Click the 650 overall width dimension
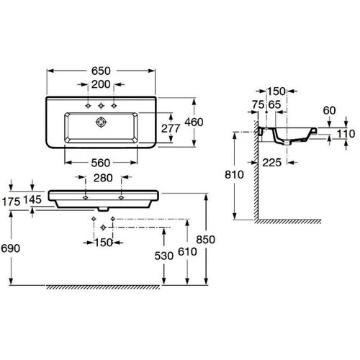tap(101, 71)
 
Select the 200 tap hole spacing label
tap(101, 84)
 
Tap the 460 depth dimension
tap(194, 122)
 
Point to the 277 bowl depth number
tap(171, 129)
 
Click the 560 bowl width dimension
tap(101, 163)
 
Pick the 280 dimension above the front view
tap(103, 178)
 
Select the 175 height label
tap(12, 202)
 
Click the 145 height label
tap(32, 199)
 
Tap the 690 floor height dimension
tap(11, 248)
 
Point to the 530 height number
tap(164, 256)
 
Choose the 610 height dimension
tap(187, 252)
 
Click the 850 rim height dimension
tap(206, 240)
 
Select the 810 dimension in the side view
tap(234, 175)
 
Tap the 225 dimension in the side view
tap(272, 163)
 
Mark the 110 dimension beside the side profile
tap(346, 134)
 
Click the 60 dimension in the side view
tap(329, 110)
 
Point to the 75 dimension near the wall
tap(258, 104)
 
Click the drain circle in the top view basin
tap(101, 122)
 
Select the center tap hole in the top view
tap(101, 106)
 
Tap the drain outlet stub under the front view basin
tap(103, 210)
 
